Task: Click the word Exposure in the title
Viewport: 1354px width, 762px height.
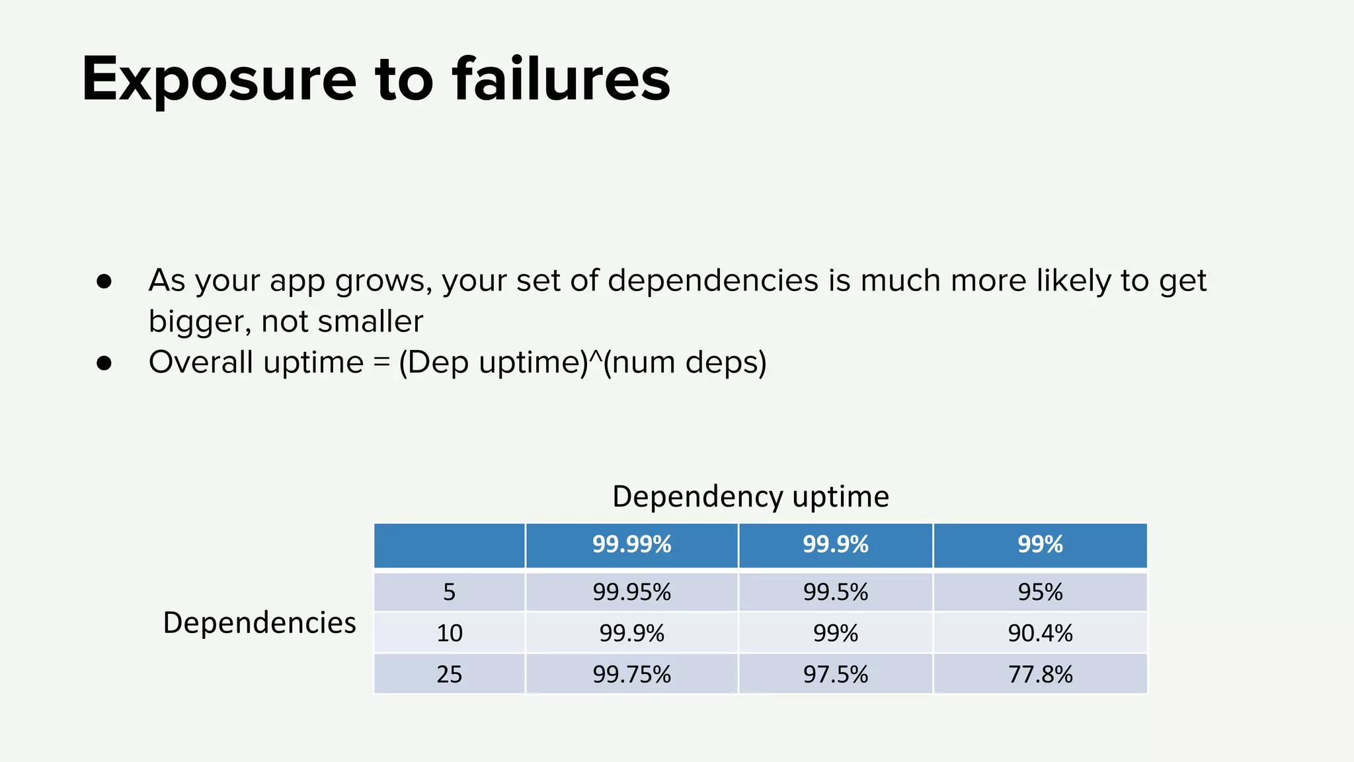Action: pos(219,80)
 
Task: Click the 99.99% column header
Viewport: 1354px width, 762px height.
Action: pos(631,544)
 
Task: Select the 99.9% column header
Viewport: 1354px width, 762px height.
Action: pos(835,544)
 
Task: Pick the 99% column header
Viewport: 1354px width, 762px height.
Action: pos(1040,544)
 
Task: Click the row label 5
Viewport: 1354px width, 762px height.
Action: pos(450,592)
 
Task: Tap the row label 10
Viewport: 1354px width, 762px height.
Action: pos(450,633)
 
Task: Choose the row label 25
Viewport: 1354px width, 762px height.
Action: pos(450,674)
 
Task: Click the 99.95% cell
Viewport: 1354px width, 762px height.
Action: pos(631,592)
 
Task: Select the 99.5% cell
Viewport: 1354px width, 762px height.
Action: pos(835,592)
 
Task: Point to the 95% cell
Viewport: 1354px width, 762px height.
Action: pos(1040,592)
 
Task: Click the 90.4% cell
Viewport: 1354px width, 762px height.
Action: pos(1040,633)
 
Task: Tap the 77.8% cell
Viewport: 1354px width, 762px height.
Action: pos(1040,674)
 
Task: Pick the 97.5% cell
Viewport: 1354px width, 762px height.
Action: pos(835,674)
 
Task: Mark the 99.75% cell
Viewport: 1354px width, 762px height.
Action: pos(631,674)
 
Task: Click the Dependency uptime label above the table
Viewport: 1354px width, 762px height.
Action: pos(750,497)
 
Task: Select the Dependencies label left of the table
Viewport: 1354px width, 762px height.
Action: pos(259,623)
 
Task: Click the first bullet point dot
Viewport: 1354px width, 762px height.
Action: pos(104,281)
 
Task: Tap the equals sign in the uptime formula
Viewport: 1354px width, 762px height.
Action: pos(381,362)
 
